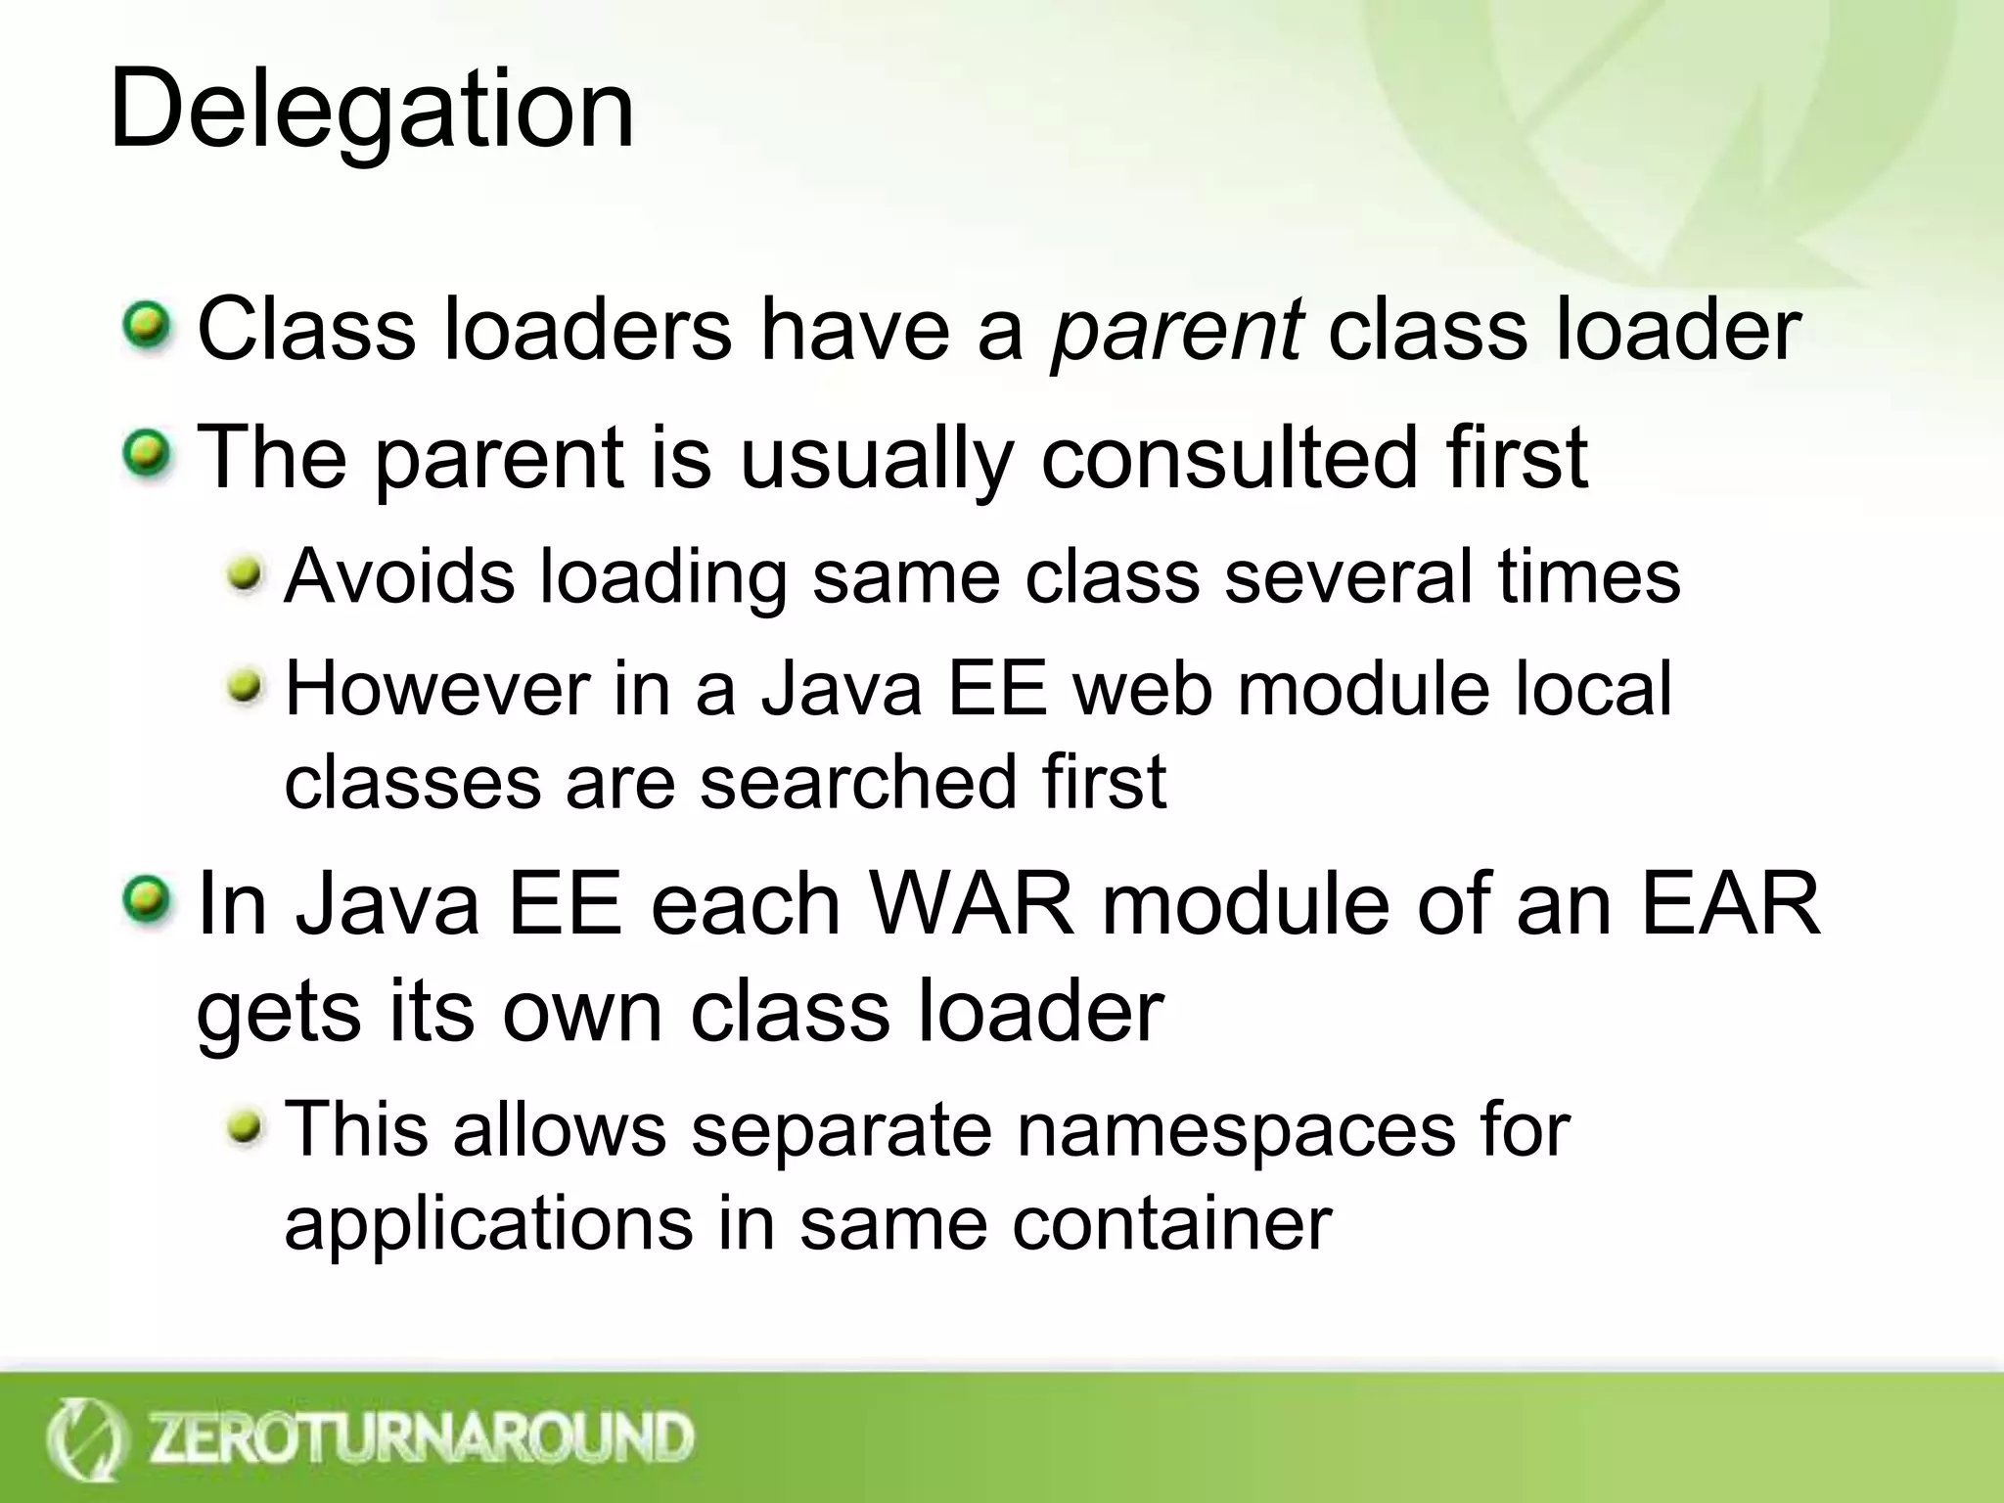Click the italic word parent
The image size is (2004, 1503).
tap(1175, 331)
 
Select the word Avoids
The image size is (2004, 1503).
tap(398, 576)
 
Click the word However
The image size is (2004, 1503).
tap(437, 689)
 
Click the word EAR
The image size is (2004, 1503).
tap(1729, 904)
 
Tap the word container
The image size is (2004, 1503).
tap(1171, 1223)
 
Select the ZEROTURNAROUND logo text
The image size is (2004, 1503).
tap(421, 1437)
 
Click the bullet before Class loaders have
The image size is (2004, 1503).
tap(147, 328)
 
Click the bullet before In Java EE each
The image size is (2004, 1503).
tap(147, 901)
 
